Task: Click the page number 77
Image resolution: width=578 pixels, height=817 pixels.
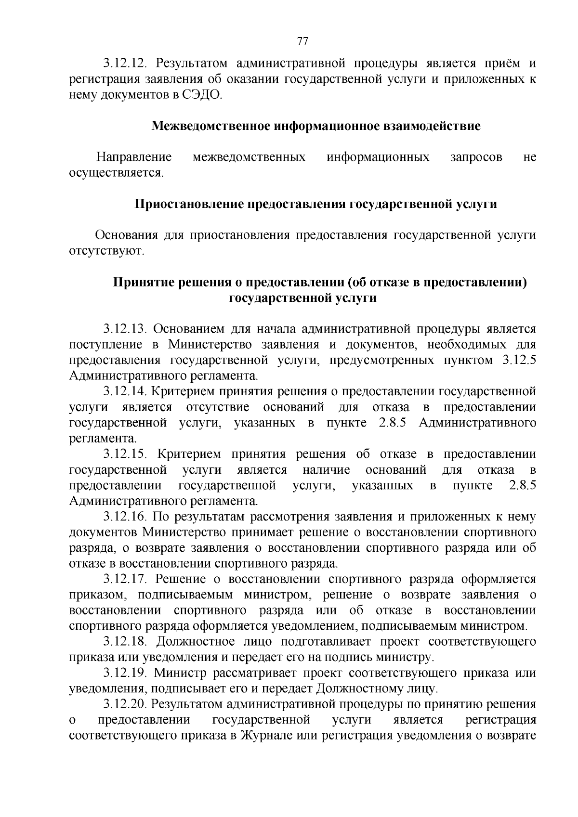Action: pyautogui.click(x=302, y=40)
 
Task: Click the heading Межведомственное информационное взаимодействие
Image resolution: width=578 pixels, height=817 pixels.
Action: pyautogui.click(x=316, y=127)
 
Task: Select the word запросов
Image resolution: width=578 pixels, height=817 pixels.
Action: pyautogui.click(x=476, y=157)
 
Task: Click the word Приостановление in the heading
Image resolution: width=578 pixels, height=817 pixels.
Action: pyautogui.click(x=189, y=204)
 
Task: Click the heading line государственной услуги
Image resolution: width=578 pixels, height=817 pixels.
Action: pyautogui.click(x=302, y=298)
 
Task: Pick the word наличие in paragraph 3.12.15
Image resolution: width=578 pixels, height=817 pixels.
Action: pyautogui.click(x=326, y=470)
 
